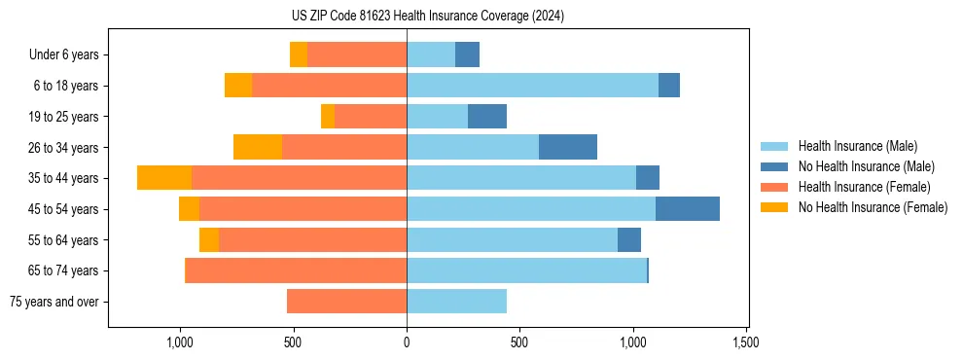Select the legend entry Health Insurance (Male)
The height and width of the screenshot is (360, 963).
point(857,146)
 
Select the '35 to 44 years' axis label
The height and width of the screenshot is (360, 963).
point(63,178)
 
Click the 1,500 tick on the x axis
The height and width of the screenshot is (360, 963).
point(746,343)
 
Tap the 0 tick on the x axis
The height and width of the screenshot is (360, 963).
point(407,343)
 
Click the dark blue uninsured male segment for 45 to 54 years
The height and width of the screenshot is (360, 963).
point(688,208)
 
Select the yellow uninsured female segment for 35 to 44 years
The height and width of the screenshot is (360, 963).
point(164,178)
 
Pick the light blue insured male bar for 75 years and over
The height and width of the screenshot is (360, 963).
point(456,302)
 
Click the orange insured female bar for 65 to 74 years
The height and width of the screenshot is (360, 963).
point(296,270)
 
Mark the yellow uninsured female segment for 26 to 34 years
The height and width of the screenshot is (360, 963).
point(258,147)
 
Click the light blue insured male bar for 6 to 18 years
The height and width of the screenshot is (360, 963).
point(532,86)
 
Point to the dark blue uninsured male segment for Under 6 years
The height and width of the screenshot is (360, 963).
point(467,55)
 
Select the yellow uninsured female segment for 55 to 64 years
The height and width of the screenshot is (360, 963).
point(209,239)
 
